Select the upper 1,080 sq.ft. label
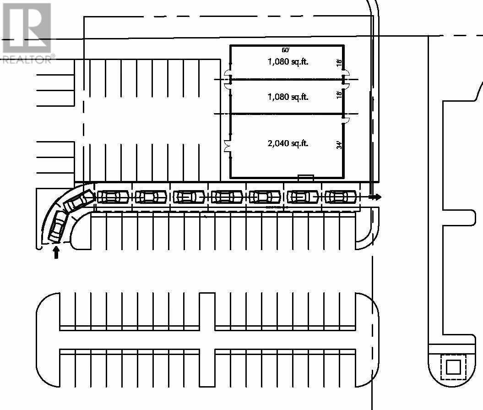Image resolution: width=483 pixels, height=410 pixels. tap(288, 61)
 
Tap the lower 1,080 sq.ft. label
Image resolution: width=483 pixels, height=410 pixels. tap(288, 97)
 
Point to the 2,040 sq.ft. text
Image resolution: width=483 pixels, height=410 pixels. tap(288, 143)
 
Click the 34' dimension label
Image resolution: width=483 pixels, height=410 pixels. tap(339, 145)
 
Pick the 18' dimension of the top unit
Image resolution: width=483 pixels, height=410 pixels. tap(339, 63)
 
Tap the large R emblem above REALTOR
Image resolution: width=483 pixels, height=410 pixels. tap(27, 27)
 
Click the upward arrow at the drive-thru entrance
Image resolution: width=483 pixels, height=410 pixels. tap(56, 252)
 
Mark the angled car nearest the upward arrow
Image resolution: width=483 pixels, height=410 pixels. tap(58, 226)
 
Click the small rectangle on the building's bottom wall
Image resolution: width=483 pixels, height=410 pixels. tap(305, 177)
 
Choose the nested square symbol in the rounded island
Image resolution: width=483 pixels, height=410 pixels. tap(453, 366)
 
